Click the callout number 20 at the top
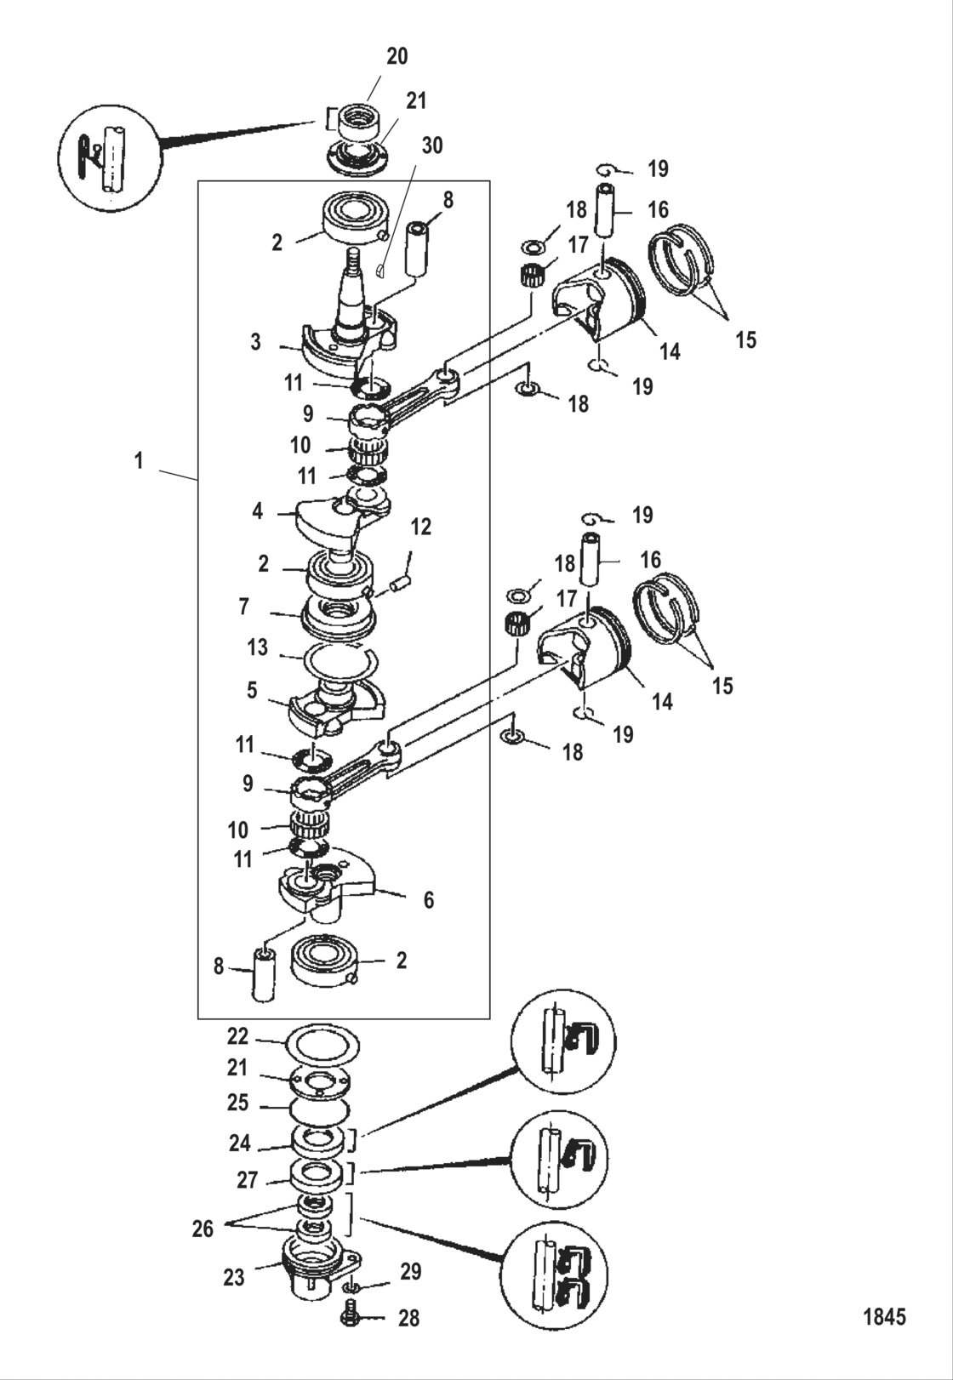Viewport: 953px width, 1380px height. pos(397,56)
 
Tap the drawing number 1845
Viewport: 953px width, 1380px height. pos(884,1317)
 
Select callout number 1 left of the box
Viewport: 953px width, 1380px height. pos(138,461)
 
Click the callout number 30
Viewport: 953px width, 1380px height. pos(432,145)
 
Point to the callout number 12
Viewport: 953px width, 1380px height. pos(421,527)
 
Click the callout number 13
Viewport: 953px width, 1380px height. pos(258,647)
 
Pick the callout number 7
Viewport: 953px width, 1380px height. pos(244,607)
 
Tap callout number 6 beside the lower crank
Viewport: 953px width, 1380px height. pos(429,899)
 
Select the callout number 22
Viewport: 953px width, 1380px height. pos(237,1035)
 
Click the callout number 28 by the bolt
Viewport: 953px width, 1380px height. pos(408,1318)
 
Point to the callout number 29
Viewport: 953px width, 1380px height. pos(411,1272)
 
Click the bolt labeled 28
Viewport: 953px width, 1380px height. pos(350,1315)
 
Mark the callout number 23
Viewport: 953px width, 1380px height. pos(234,1277)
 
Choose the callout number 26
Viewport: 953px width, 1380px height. pos(203,1229)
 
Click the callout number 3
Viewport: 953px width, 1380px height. pos(255,343)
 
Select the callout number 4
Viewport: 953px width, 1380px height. pos(258,511)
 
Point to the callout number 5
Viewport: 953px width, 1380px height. pos(252,689)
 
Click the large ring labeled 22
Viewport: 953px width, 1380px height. pos(318,1042)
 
